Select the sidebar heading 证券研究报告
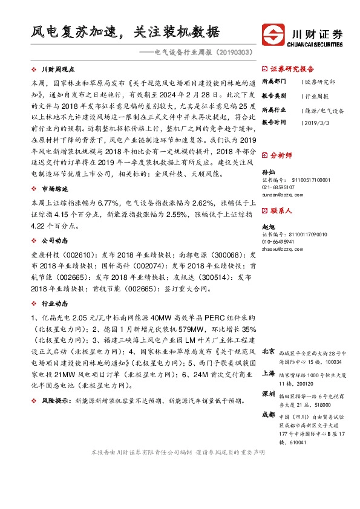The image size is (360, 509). tap(292, 68)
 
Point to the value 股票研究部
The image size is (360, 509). tap(321, 81)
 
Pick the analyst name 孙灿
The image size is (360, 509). tap(268, 172)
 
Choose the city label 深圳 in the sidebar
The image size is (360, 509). tap(269, 394)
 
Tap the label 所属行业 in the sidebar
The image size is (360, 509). tap(273, 111)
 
